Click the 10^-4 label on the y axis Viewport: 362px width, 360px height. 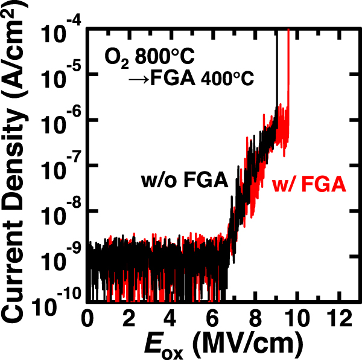(60, 31)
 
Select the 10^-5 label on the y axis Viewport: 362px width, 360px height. (60, 77)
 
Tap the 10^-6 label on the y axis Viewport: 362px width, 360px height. (60, 122)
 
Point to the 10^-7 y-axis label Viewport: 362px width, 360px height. (60, 167)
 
